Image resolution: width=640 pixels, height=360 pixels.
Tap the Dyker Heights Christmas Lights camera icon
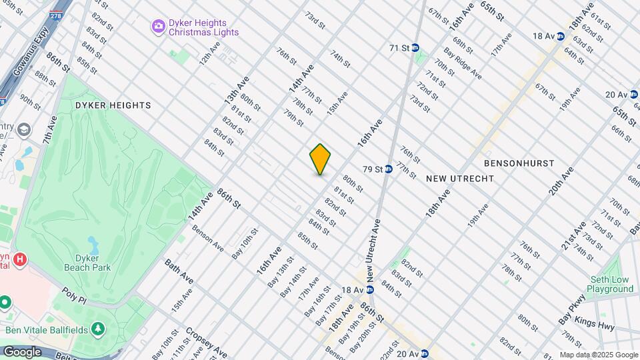click(x=159, y=27)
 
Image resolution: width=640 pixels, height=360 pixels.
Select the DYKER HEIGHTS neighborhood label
click(x=103, y=105)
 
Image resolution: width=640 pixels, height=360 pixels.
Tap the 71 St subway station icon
click(x=415, y=48)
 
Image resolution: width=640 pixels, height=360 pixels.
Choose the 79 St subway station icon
click(x=388, y=169)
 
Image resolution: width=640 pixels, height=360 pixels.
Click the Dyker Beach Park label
click(x=87, y=263)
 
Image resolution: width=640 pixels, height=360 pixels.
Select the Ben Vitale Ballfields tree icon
click(x=99, y=328)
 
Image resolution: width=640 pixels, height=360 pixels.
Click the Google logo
click(x=21, y=352)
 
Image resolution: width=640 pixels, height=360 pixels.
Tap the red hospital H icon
click(x=20, y=259)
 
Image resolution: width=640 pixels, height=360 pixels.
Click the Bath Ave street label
click(x=178, y=271)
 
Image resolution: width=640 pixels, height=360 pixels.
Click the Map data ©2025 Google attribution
click(x=598, y=355)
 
